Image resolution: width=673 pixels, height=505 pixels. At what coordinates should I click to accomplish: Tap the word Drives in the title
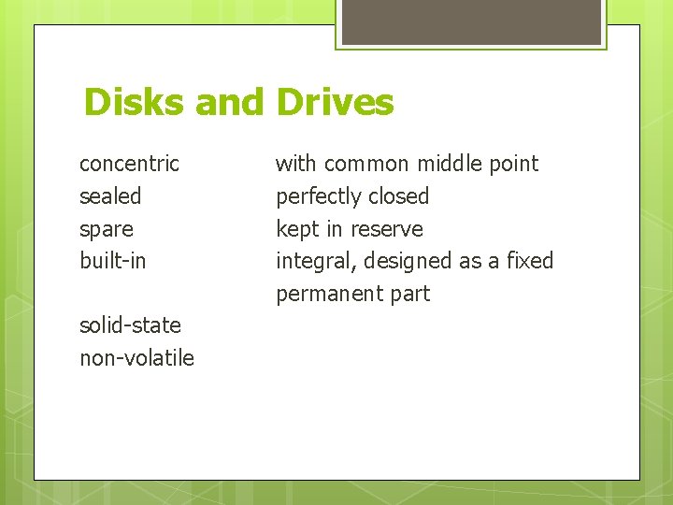(335, 102)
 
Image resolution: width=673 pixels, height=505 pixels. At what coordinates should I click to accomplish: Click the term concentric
(129, 164)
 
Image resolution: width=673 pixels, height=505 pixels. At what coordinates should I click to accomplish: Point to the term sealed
(110, 196)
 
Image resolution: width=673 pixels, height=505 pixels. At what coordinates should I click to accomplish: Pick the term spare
(107, 229)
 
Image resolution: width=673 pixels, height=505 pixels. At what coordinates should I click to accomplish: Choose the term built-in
(113, 261)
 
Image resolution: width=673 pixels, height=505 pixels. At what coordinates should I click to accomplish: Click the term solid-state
(130, 325)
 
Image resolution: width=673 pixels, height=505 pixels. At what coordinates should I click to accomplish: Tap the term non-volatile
(136, 358)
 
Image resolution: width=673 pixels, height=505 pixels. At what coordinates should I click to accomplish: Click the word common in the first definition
(366, 164)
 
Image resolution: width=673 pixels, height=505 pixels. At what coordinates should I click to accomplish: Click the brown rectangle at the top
(471, 22)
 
